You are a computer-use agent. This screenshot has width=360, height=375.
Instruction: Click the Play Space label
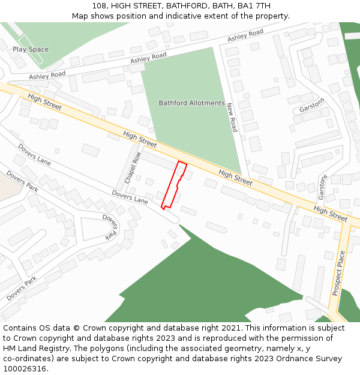coord(31,50)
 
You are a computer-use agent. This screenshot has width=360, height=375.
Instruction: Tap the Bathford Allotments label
coord(191,103)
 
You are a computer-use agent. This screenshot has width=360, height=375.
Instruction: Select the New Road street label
coord(232,118)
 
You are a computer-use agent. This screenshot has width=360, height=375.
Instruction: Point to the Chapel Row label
coord(132,168)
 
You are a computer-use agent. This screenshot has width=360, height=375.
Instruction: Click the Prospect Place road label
coord(340,274)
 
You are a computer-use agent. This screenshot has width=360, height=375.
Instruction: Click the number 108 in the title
coord(100,6)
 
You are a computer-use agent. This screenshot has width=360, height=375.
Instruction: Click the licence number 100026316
coord(24,369)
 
